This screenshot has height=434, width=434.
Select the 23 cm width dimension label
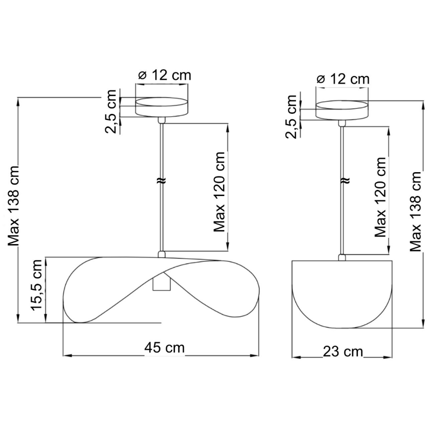pyautogui.click(x=343, y=351)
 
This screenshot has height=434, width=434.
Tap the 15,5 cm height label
pyautogui.click(x=37, y=285)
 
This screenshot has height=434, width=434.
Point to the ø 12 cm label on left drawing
pyautogui.click(x=165, y=75)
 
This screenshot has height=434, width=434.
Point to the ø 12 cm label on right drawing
pyautogui.click(x=343, y=79)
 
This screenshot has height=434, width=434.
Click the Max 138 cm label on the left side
pyautogui.click(x=13, y=206)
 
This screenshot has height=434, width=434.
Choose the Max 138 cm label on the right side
pyautogui.click(x=415, y=211)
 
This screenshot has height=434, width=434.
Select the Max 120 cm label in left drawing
pyautogui.click(x=219, y=192)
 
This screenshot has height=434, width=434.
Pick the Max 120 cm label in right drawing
pyautogui.click(x=380, y=197)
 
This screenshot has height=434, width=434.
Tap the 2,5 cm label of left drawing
pyautogui.click(x=111, y=112)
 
